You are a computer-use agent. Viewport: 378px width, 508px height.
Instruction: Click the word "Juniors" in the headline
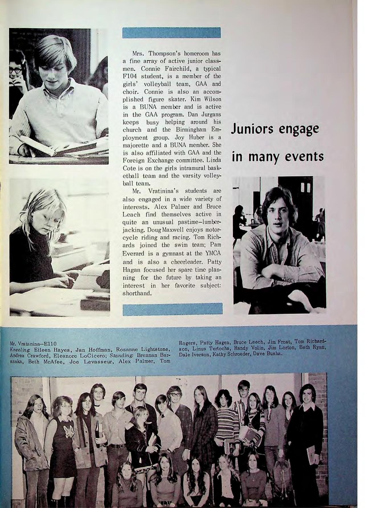252,130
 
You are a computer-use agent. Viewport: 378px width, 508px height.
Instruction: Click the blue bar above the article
172,33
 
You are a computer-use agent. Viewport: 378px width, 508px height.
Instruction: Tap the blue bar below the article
172,309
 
